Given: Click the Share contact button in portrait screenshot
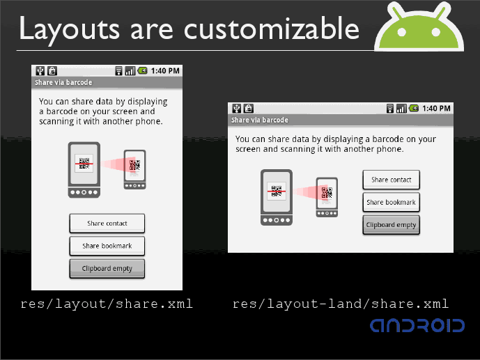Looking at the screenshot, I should tap(107, 224).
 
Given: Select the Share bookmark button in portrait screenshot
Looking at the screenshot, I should tap(107, 246).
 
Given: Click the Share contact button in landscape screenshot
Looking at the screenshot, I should tap(392, 180).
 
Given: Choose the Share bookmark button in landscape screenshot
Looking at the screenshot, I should tap(392, 202).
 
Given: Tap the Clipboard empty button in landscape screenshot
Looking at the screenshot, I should tap(392, 225).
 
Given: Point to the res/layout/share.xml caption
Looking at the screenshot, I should tap(107, 304).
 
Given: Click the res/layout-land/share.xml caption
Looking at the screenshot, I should tap(340, 304).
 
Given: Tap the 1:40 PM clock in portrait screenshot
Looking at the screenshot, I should tap(166, 70).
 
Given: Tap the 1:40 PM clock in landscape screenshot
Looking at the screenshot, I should tap(437, 109).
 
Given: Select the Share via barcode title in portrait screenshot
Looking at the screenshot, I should tap(64, 83).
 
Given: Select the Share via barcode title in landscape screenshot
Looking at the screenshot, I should tap(259, 120).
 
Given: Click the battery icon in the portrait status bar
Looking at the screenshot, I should tap(142, 70).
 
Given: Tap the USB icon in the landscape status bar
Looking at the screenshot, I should tap(236, 109).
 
